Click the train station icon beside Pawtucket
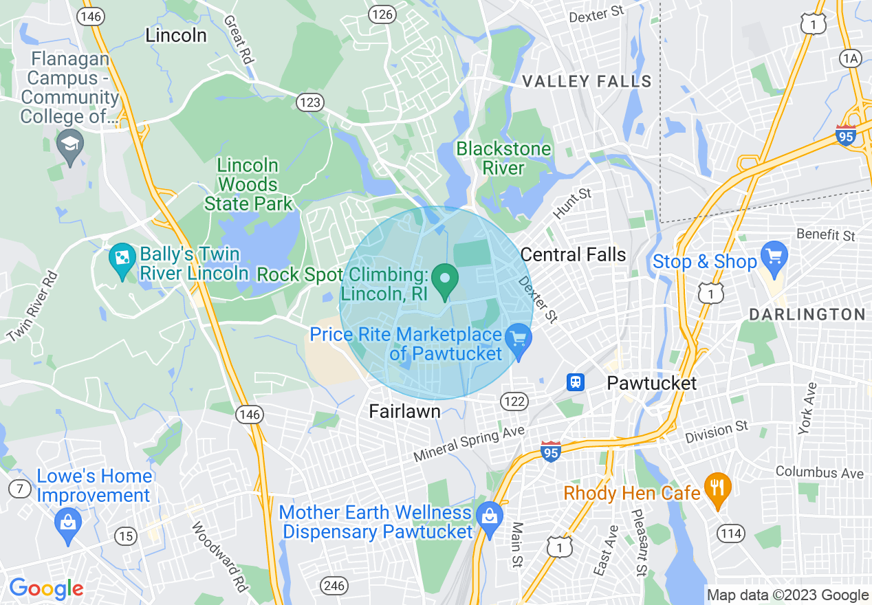point(576,382)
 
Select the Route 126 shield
point(381,14)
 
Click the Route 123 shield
point(309,102)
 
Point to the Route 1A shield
point(851,58)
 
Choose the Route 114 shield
point(730,532)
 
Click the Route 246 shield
point(334,586)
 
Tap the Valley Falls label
point(587,82)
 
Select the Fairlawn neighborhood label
point(405,411)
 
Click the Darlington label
point(807,314)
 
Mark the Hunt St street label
point(572,204)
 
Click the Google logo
point(46,588)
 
